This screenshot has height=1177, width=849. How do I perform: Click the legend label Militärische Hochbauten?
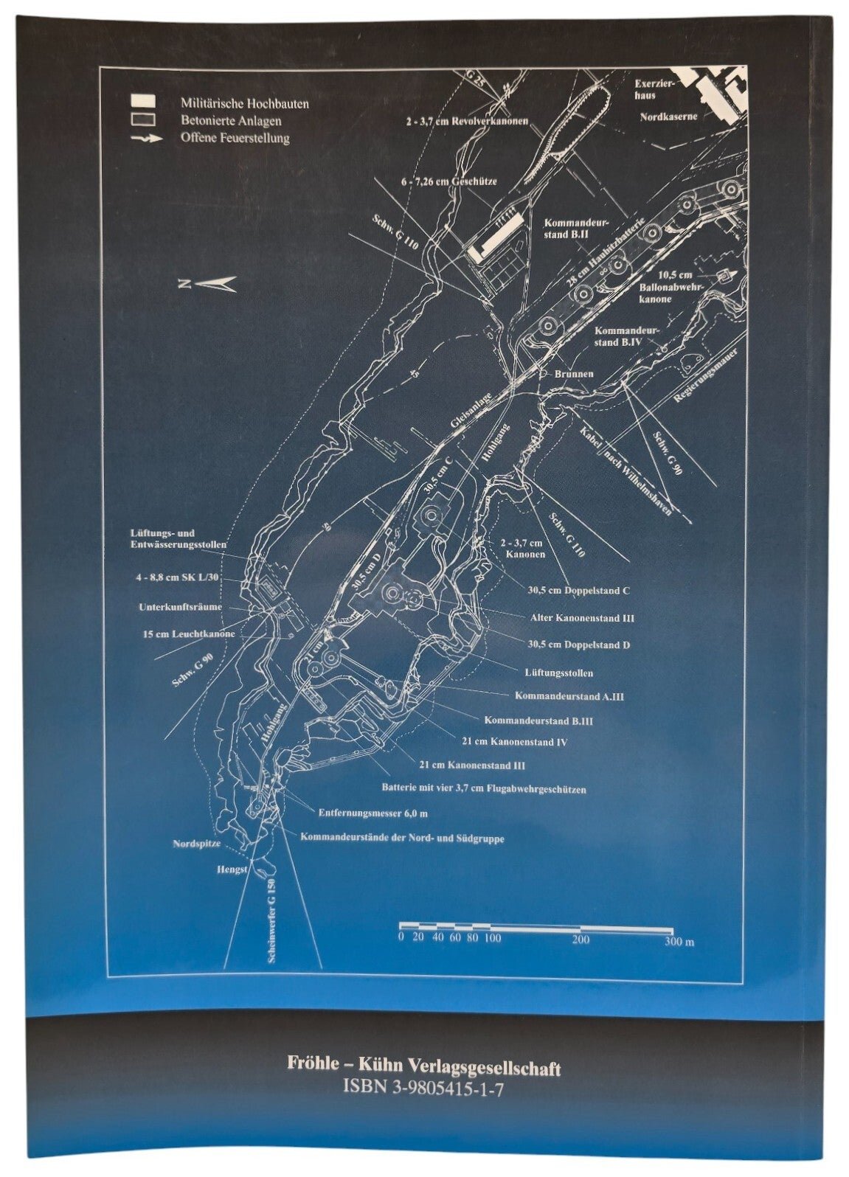244,104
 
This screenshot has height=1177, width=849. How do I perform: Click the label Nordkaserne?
668,117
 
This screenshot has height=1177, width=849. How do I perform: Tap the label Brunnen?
575,374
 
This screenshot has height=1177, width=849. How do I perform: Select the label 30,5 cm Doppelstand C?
578,591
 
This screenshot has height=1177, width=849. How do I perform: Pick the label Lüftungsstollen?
558,673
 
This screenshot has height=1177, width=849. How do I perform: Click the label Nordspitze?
196,844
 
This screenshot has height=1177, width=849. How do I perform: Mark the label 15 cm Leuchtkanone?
189,633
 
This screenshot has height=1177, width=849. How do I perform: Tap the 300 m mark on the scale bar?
678,942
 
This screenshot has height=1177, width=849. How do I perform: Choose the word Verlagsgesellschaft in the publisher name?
485,1066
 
